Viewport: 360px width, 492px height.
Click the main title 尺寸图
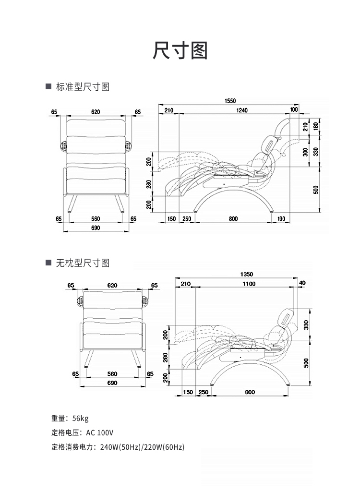(180, 50)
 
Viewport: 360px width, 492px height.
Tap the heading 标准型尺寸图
(83, 87)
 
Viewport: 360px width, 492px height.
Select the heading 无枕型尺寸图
(83, 263)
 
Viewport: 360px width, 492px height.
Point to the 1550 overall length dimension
(230, 101)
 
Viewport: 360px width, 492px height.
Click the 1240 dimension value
(242, 110)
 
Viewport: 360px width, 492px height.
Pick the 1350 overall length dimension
(247, 275)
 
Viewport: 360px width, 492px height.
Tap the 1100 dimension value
(249, 284)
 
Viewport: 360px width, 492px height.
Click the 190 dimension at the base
(281, 219)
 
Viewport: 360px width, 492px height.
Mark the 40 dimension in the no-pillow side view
(301, 283)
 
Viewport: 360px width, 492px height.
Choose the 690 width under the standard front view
(96, 228)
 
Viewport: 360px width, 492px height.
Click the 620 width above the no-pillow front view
(112, 285)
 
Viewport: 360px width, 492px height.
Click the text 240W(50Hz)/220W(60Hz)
(142, 447)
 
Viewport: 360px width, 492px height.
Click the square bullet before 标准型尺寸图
(48, 87)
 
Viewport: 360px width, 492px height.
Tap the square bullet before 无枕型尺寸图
(48, 263)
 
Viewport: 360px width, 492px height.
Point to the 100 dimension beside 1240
(294, 110)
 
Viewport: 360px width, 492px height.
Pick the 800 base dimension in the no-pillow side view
(250, 392)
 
